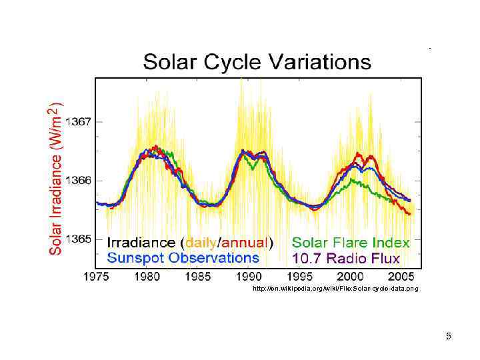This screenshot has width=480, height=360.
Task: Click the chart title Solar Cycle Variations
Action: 257,63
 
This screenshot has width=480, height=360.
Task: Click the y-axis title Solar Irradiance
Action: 56,178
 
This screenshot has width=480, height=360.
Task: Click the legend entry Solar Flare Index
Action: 351,243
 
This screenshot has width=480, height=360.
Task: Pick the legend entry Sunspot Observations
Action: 183,257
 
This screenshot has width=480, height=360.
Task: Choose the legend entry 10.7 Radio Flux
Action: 346,258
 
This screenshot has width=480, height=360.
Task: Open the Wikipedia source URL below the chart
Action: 335,289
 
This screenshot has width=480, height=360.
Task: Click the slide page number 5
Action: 449,336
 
